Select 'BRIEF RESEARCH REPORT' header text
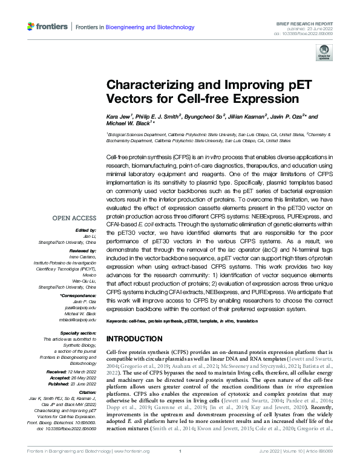(316, 22)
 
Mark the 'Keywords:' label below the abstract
(120, 320)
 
